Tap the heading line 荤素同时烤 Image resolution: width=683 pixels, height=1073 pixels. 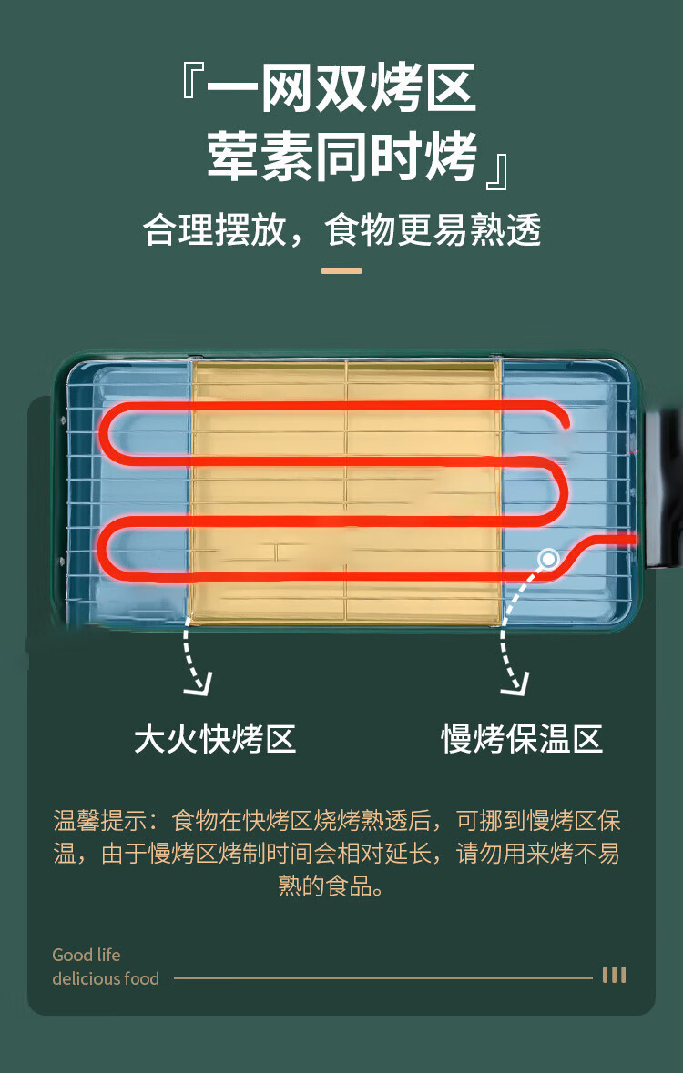tap(341, 157)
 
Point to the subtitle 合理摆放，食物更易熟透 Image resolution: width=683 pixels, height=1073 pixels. tap(342, 229)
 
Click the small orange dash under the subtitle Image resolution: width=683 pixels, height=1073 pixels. tap(341, 271)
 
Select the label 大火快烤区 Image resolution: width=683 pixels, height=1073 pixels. tap(215, 738)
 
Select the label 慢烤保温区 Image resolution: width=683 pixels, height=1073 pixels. tap(522, 738)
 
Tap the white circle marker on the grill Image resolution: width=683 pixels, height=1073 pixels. tap(548, 558)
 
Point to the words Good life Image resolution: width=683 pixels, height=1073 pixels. tap(87, 955)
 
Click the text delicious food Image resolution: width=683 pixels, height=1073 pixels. tap(106, 979)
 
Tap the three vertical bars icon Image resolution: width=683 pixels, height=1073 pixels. tap(614, 975)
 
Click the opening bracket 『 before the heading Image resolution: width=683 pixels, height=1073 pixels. tap(193, 84)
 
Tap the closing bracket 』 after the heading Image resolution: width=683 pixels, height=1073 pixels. tap(496, 171)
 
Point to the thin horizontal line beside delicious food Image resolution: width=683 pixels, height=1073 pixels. tap(382, 978)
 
